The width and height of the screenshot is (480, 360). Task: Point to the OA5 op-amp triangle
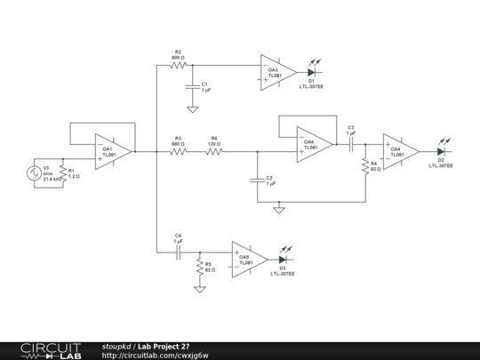point(249,259)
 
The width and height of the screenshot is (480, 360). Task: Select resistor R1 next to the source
point(62,173)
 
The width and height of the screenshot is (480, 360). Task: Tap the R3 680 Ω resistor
point(179,151)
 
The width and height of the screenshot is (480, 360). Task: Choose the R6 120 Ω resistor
point(214,151)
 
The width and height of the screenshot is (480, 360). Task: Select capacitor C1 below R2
point(191,87)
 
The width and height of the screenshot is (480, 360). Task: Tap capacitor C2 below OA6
point(257,180)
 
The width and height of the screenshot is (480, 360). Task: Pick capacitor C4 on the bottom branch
point(178,252)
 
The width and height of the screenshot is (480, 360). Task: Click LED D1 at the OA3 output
point(312,72)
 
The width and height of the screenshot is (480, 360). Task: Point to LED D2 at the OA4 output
point(440,151)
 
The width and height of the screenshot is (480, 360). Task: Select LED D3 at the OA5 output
point(284,259)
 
